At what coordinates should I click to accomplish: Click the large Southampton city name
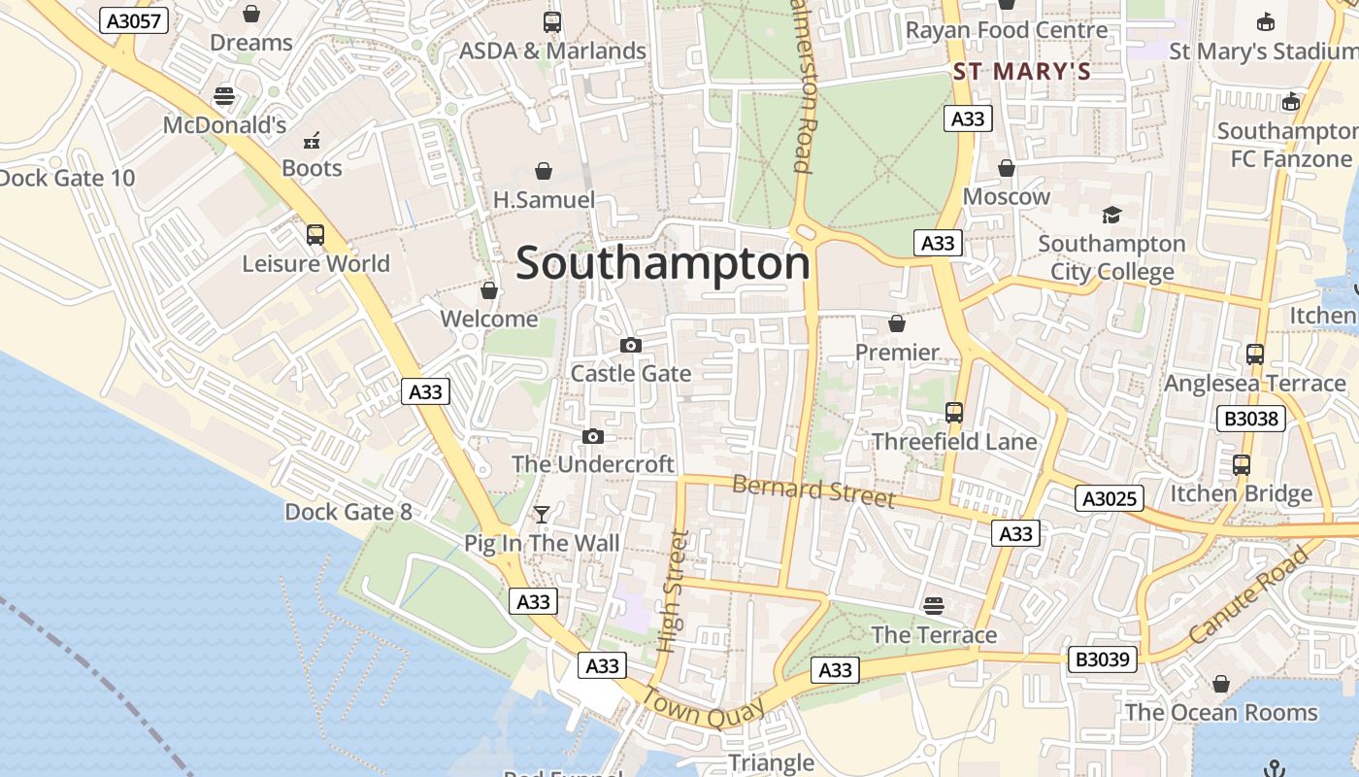tap(663, 263)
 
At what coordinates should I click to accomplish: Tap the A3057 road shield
tap(134, 20)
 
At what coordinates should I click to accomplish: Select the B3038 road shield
tap(1251, 419)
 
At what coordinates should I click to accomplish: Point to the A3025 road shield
tap(1110, 498)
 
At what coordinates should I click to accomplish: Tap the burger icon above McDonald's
tap(224, 96)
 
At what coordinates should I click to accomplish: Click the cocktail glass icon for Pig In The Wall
tap(542, 514)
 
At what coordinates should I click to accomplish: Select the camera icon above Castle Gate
tap(631, 345)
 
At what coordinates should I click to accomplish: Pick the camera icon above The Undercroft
tap(593, 436)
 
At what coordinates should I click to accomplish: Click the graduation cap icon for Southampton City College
tap(1111, 215)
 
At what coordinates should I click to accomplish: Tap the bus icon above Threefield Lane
tap(954, 413)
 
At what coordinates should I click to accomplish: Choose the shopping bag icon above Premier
tap(897, 323)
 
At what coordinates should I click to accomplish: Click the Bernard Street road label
tap(813, 490)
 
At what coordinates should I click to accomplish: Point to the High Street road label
tap(672, 591)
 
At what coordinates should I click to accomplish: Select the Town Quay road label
tap(698, 708)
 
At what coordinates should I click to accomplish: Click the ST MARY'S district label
tap(1022, 71)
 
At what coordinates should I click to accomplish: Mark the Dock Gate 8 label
tap(348, 512)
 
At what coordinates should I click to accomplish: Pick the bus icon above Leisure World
tap(315, 234)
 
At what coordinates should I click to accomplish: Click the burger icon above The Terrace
tap(934, 606)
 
